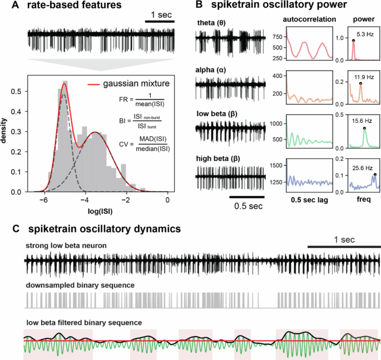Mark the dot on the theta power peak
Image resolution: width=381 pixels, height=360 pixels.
click(353, 39)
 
